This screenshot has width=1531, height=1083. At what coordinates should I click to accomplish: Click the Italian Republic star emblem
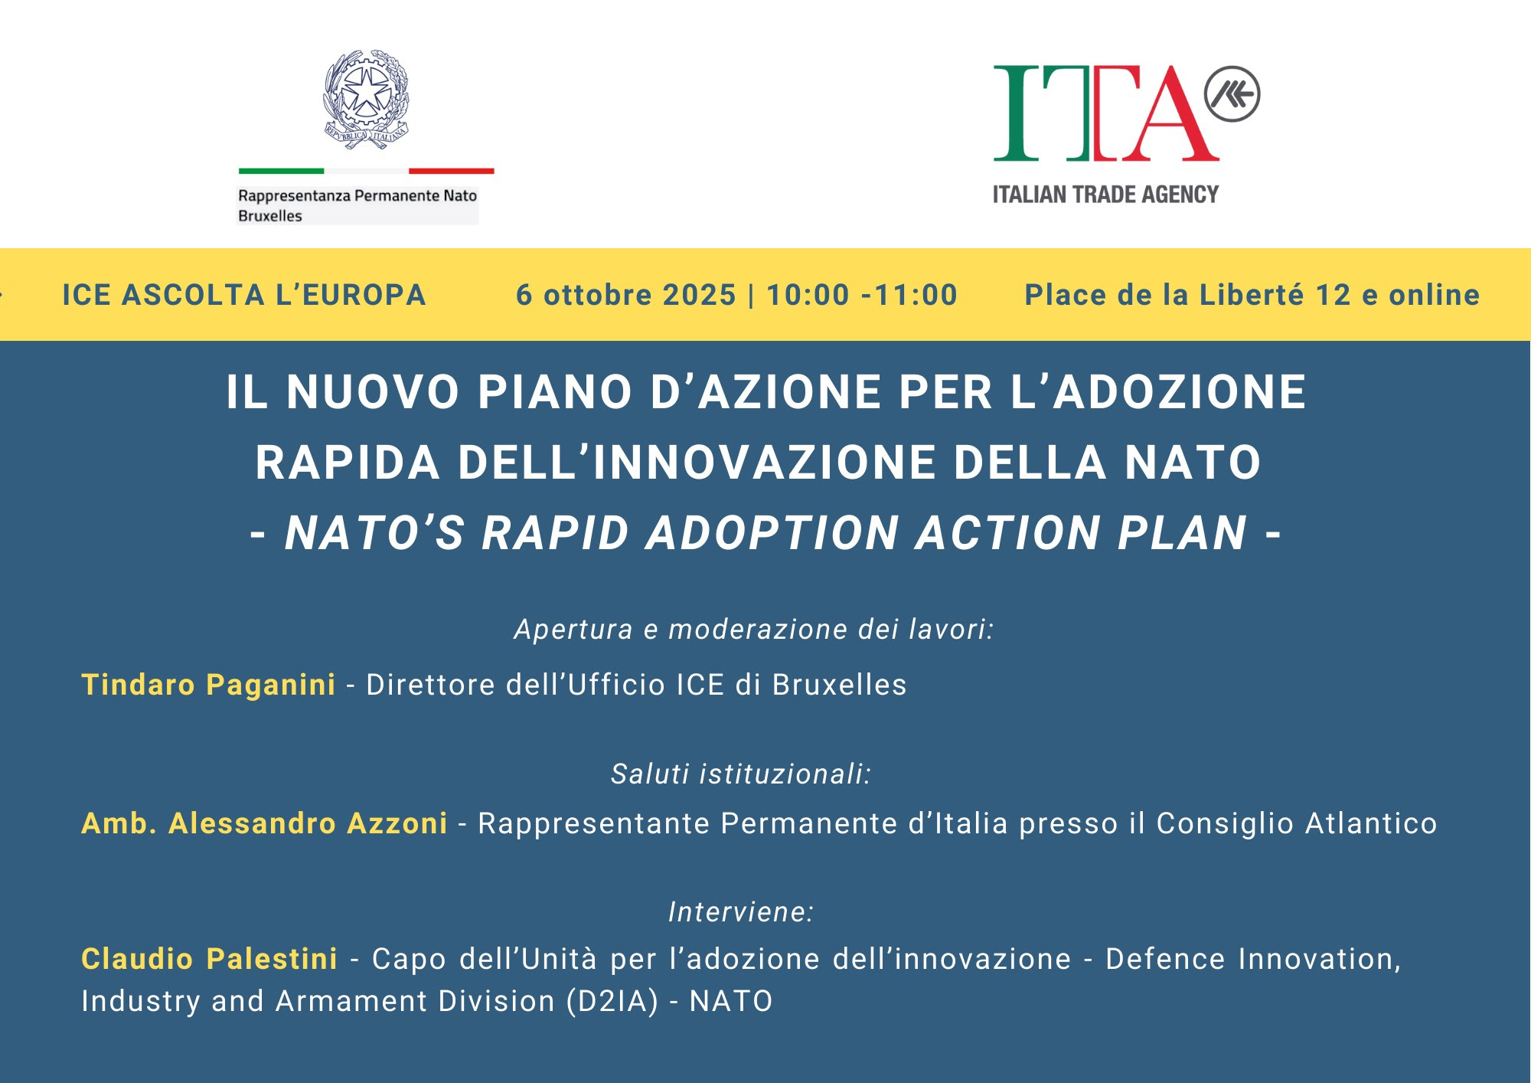tap(366, 98)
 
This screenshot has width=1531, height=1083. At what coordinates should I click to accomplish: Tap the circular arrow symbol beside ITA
tap(1232, 94)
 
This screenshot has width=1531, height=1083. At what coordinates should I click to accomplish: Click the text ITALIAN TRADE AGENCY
tap(1105, 195)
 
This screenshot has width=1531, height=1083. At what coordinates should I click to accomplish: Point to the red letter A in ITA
tap(1169, 113)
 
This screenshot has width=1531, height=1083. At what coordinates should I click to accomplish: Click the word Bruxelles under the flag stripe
tap(270, 216)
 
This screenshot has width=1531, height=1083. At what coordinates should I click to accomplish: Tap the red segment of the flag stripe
tap(452, 171)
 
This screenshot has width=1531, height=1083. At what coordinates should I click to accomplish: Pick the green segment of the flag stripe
tap(281, 171)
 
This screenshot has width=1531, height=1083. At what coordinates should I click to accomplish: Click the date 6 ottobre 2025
tap(625, 295)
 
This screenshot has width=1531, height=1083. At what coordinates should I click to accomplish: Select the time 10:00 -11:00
tap(862, 295)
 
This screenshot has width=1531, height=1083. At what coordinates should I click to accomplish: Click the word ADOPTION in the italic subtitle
tap(772, 533)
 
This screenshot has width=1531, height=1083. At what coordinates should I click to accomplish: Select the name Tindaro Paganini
tap(208, 685)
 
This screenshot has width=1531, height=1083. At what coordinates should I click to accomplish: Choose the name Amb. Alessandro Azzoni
tap(264, 823)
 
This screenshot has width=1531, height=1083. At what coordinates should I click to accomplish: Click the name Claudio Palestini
tap(209, 959)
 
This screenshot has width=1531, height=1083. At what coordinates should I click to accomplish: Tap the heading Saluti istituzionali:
tap(741, 774)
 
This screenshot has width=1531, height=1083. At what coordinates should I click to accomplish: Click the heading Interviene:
tap(741, 912)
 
